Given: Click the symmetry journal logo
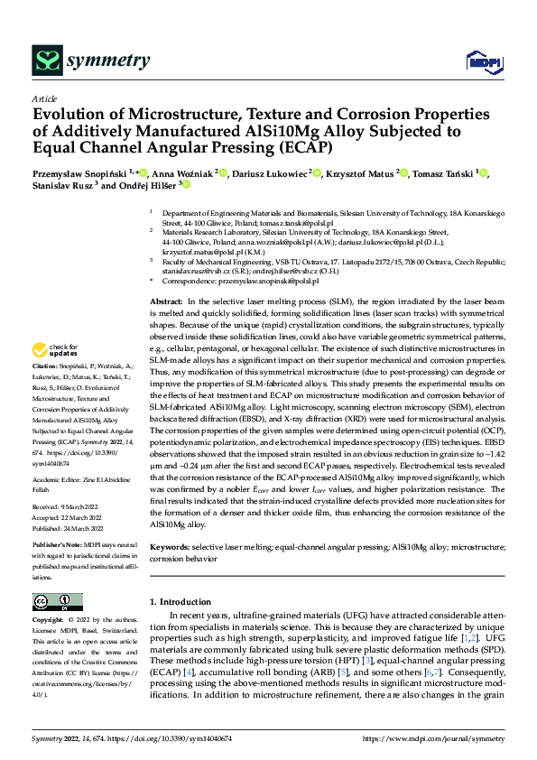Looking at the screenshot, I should coord(91,60).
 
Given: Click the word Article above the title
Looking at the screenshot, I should coord(44,98).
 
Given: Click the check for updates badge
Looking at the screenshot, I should coord(56,375).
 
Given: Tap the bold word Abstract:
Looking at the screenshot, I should coord(166,275).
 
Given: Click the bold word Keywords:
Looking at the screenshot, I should coord(170,548).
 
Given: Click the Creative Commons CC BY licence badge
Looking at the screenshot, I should coord(57,602).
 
